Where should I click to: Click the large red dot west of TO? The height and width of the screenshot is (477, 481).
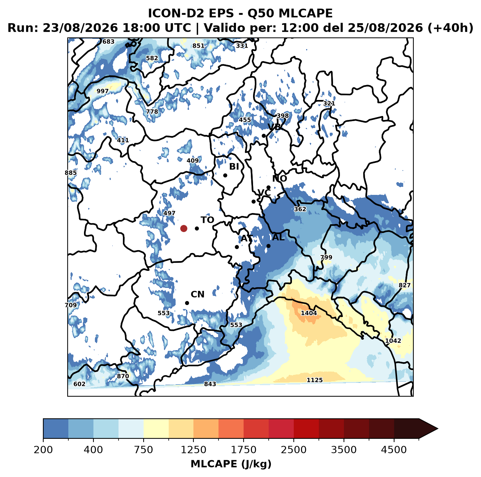coord(184,228)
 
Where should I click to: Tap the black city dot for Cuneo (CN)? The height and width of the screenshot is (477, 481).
coord(187,303)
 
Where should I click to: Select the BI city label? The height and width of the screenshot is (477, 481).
coord(234,167)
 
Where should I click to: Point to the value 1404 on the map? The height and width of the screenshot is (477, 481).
coord(309,313)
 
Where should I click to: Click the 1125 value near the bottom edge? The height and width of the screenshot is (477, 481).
coord(314,380)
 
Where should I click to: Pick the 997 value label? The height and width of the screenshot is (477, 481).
coord(102,91)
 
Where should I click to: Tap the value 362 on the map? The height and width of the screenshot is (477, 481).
coord(300,209)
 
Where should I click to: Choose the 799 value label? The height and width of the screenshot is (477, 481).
coord(326,257)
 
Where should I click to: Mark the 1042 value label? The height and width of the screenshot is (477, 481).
coord(393,341)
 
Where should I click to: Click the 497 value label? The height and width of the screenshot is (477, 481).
coord(169,213)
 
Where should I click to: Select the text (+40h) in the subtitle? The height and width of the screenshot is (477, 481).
coord(450,28)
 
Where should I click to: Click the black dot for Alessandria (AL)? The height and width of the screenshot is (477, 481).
coord(268,246)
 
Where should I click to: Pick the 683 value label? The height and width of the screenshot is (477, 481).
coord(108,42)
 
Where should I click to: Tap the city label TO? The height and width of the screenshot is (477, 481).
coord(208,220)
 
